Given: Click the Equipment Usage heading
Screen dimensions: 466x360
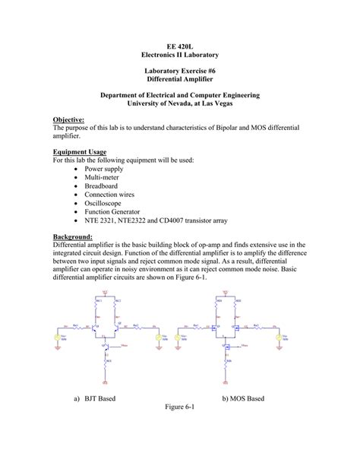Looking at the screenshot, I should [79, 151].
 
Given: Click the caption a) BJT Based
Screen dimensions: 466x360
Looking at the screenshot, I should [95, 398].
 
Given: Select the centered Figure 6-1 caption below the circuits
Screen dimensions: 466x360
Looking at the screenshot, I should [180, 407].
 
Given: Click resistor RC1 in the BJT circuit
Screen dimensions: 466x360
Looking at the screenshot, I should [96, 305].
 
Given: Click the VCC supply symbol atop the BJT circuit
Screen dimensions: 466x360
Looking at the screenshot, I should [107, 292].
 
